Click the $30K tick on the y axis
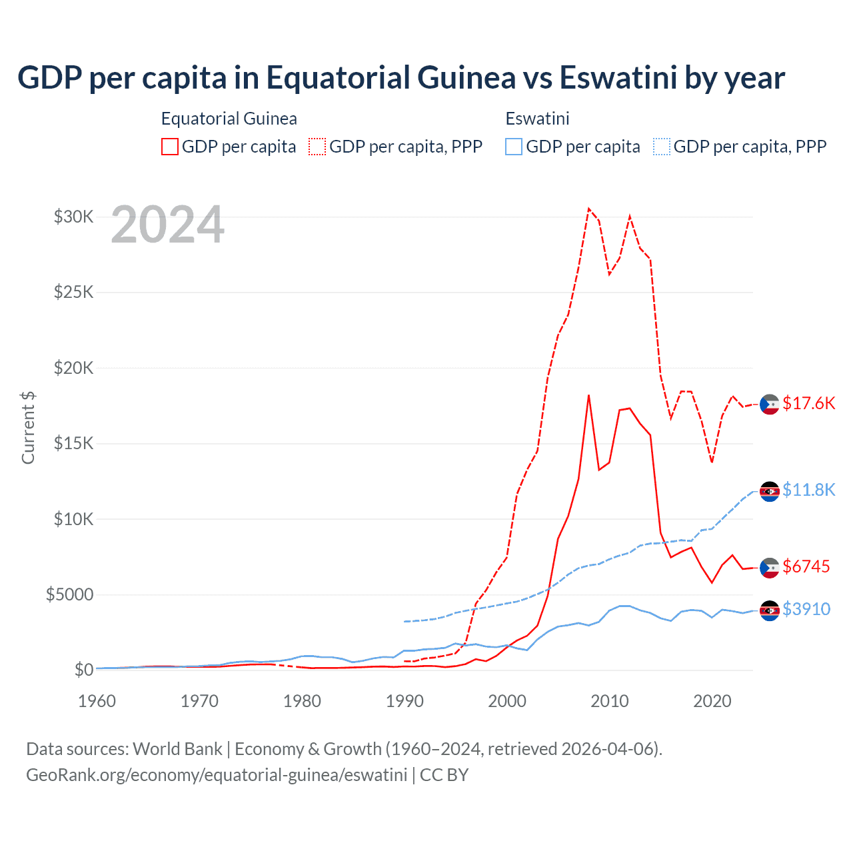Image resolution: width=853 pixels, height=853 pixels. pyautogui.click(x=73, y=217)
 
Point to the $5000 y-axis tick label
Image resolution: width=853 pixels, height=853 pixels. pyautogui.click(x=69, y=594)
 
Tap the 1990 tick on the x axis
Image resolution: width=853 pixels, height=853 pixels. pyautogui.click(x=405, y=701)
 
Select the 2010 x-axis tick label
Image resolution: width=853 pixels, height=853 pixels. pyautogui.click(x=610, y=701)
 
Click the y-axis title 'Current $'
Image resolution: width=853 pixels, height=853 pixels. pyautogui.click(x=28, y=428)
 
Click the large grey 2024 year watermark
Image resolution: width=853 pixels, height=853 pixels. pyautogui.click(x=167, y=225)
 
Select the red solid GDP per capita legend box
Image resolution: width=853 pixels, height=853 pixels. pyautogui.click(x=170, y=147)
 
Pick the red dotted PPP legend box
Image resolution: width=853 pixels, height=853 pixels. pyautogui.click(x=317, y=147)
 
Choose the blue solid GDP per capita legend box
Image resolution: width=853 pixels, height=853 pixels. pyautogui.click(x=514, y=147)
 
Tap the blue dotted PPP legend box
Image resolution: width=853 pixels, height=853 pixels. pyautogui.click(x=662, y=147)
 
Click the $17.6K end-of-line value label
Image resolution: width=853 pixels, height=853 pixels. pyautogui.click(x=808, y=403)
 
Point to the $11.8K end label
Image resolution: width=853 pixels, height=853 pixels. pyautogui.click(x=808, y=490)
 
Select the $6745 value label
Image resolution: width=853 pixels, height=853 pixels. pyautogui.click(x=806, y=566)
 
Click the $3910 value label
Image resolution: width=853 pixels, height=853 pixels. pyautogui.click(x=806, y=609)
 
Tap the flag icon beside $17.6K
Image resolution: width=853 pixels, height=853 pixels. pyautogui.click(x=770, y=404)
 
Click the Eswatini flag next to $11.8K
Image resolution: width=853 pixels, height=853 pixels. pyautogui.click(x=770, y=491)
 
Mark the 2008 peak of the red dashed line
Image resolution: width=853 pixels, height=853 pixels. pyautogui.click(x=588, y=209)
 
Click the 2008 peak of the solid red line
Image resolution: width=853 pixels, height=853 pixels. pyautogui.click(x=588, y=395)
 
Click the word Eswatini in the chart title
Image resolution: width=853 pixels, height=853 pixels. pyautogui.click(x=618, y=77)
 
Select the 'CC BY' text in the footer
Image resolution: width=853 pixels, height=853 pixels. pyautogui.click(x=444, y=775)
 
